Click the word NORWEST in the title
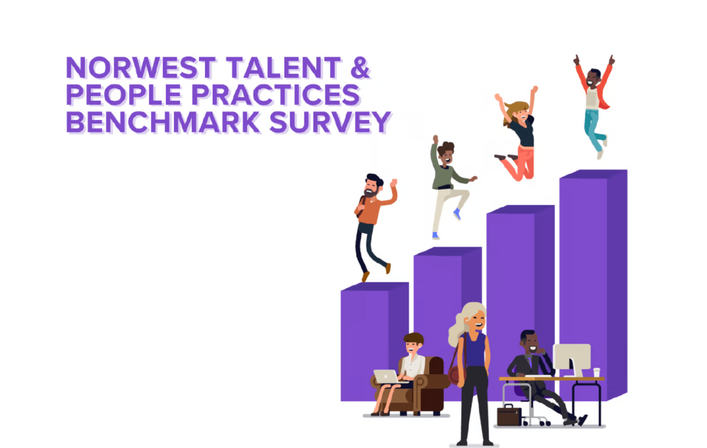tap(140, 68)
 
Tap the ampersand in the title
tap(360, 68)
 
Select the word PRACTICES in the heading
tap(276, 95)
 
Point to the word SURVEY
tap(330, 122)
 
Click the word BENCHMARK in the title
tap(163, 122)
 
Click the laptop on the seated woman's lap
tap(386, 377)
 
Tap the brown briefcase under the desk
tap(509, 415)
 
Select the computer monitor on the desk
tap(572, 359)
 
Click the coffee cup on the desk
tap(597, 372)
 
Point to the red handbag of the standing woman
tap(454, 375)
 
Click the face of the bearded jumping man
tap(371, 186)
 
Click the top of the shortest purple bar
tap(375, 286)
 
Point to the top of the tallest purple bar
tap(594, 174)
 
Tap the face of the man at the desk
tap(531, 344)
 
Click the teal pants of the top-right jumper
tap(594, 130)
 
